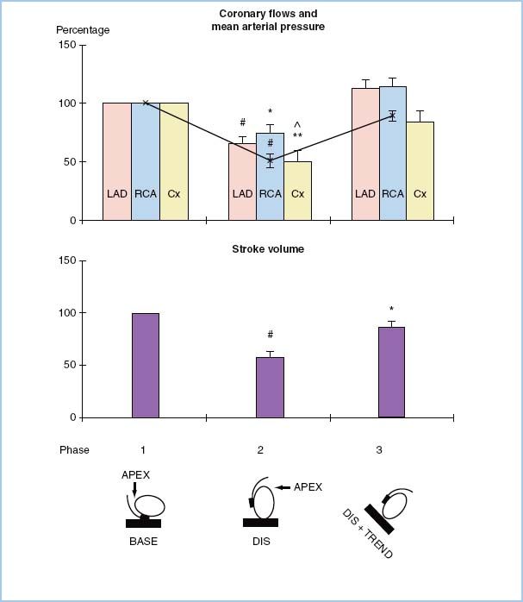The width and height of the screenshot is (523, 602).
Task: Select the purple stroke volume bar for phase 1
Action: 146,366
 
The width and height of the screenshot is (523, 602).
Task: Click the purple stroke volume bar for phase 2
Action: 270,387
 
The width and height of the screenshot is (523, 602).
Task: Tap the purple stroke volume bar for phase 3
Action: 391,373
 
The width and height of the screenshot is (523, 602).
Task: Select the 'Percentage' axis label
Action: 84,30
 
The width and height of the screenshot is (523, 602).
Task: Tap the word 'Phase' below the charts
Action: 74,450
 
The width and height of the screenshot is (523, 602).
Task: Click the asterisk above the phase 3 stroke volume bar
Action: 391,310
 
